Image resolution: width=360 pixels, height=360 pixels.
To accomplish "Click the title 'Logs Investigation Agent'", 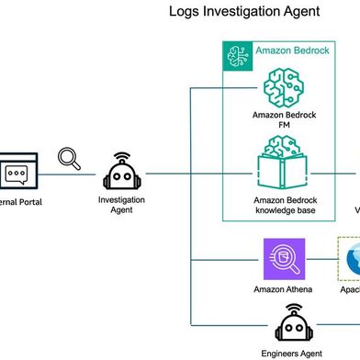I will coord(244,12).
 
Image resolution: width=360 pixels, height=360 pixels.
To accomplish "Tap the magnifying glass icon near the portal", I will coord(70,159).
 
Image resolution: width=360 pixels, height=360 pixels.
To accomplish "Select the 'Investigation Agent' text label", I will coord(121,204).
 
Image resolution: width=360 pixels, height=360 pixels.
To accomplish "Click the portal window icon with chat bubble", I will coord(16,172).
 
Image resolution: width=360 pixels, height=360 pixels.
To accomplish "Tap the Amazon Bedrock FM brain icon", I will coord(282,89).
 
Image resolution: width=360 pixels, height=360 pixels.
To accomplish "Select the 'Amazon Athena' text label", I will coord(283,289).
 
